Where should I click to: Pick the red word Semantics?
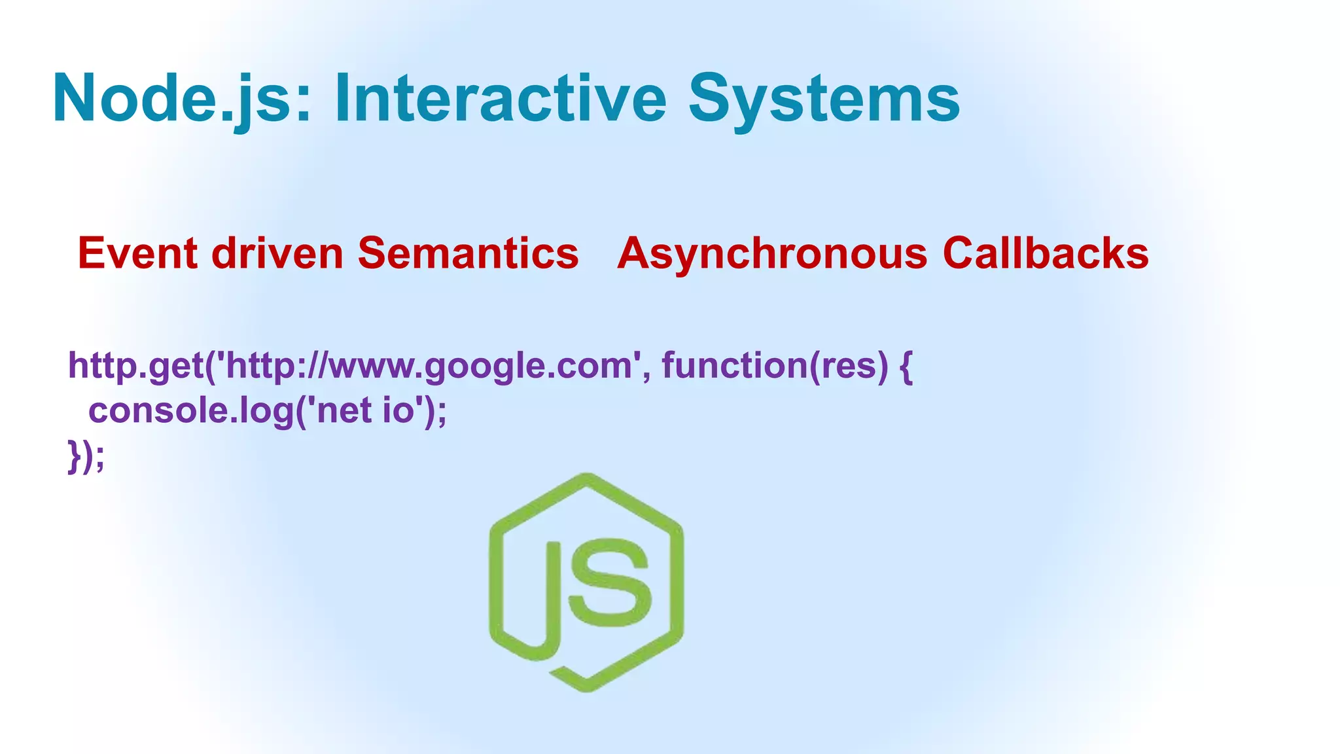(468, 253)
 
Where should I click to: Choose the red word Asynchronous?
(772, 253)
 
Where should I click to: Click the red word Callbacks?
(1045, 253)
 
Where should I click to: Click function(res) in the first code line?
(775, 366)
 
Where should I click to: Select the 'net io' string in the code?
(367, 411)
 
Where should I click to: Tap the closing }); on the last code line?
(86, 456)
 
